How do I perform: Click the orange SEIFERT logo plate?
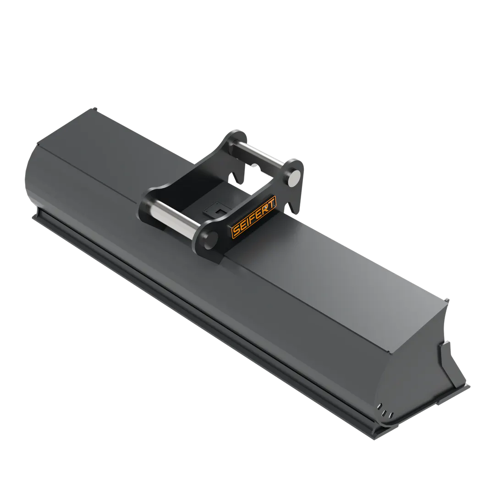[254, 216]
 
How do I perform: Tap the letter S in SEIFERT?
[236, 232]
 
